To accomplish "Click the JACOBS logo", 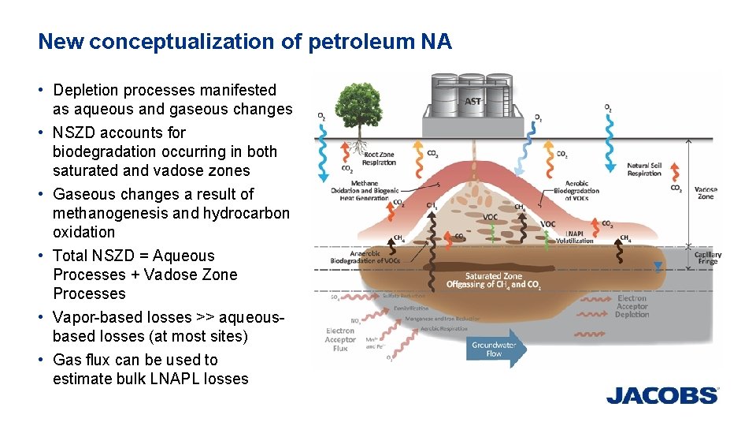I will pyautogui.click(x=661, y=395).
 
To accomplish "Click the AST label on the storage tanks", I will pyautogui.click(x=472, y=101).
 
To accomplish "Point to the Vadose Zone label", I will pyautogui.click(x=705, y=192).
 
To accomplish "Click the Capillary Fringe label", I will pyautogui.click(x=707, y=258).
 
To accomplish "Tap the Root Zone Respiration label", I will pyautogui.click(x=380, y=159).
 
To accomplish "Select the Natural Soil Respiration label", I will pyautogui.click(x=643, y=170).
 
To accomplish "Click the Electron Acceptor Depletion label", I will pyautogui.click(x=632, y=306).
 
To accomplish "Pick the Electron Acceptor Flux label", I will pyautogui.click(x=340, y=339).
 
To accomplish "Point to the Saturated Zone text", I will pyautogui.click(x=493, y=276).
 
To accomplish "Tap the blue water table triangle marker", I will pyautogui.click(x=658, y=267).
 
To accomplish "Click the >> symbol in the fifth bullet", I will pyautogui.click(x=206, y=317).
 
